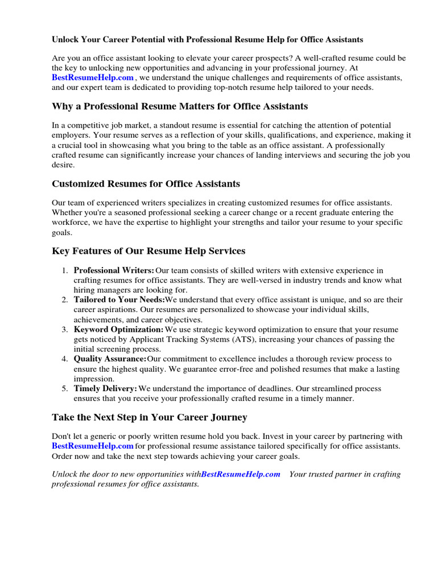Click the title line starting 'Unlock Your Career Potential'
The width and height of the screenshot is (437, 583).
coord(207,40)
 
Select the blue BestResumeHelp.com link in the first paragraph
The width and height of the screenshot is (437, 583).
coord(93,77)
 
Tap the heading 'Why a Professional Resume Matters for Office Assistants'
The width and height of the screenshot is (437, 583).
coord(180,106)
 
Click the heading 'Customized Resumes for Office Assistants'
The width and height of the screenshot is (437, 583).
coord(146,184)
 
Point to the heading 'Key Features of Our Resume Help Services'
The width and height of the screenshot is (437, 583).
coord(149,251)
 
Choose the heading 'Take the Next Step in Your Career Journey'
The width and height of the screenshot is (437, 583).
coord(149,417)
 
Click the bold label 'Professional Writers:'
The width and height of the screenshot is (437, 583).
coord(114,270)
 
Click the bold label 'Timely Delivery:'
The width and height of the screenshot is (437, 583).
coord(105,388)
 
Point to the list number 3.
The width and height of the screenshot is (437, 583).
coord(65,330)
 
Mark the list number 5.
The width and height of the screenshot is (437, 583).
coord(65,388)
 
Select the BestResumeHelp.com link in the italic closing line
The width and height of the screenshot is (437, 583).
coord(241,474)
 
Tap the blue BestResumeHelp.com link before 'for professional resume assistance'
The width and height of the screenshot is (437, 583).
coord(93,446)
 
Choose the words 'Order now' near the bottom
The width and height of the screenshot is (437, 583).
coord(71,456)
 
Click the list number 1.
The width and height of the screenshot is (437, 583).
coord(65,270)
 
